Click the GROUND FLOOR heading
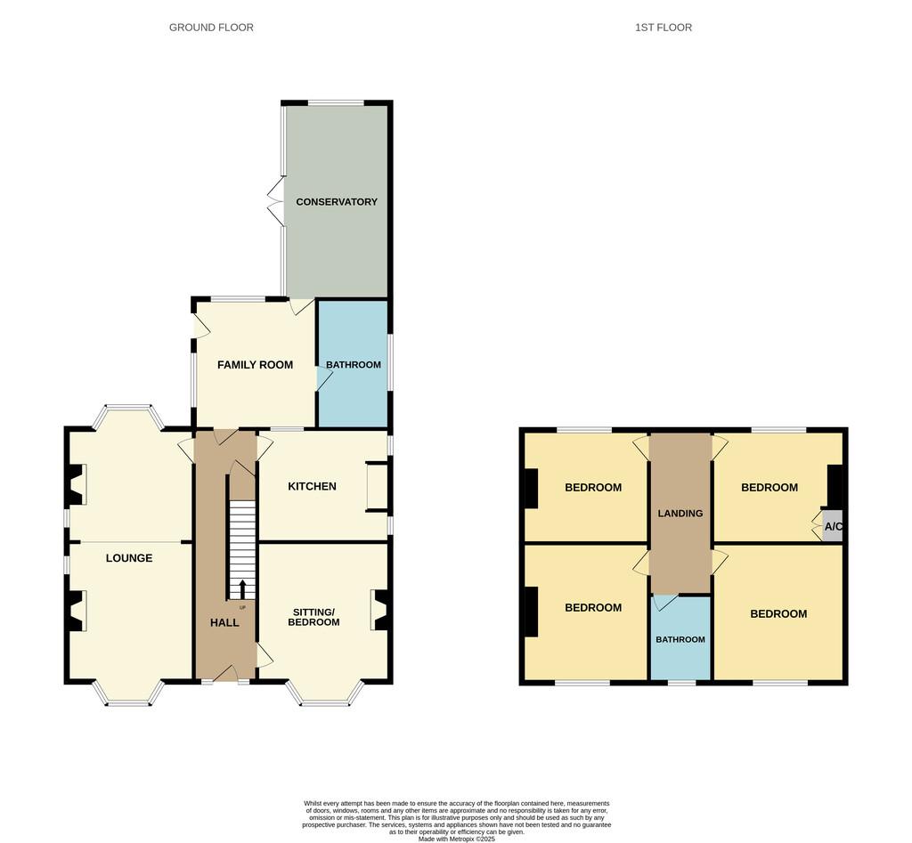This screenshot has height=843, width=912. click(x=211, y=28)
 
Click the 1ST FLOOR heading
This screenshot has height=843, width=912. click(x=663, y=28)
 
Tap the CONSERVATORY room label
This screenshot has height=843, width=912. click(x=337, y=202)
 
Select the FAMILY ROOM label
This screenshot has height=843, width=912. click(x=255, y=364)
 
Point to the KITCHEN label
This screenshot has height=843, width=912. click(x=312, y=486)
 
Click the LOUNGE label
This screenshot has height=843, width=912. click(x=129, y=558)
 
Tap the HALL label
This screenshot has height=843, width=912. click(x=224, y=622)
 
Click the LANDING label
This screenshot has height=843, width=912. click(x=680, y=514)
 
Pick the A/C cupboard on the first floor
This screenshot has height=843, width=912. click(x=833, y=527)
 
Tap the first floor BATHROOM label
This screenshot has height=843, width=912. click(x=680, y=639)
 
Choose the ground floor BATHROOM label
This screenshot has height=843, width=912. click(x=353, y=364)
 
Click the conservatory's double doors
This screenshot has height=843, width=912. click(x=275, y=201)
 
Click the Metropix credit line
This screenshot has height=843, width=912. click(x=457, y=839)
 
